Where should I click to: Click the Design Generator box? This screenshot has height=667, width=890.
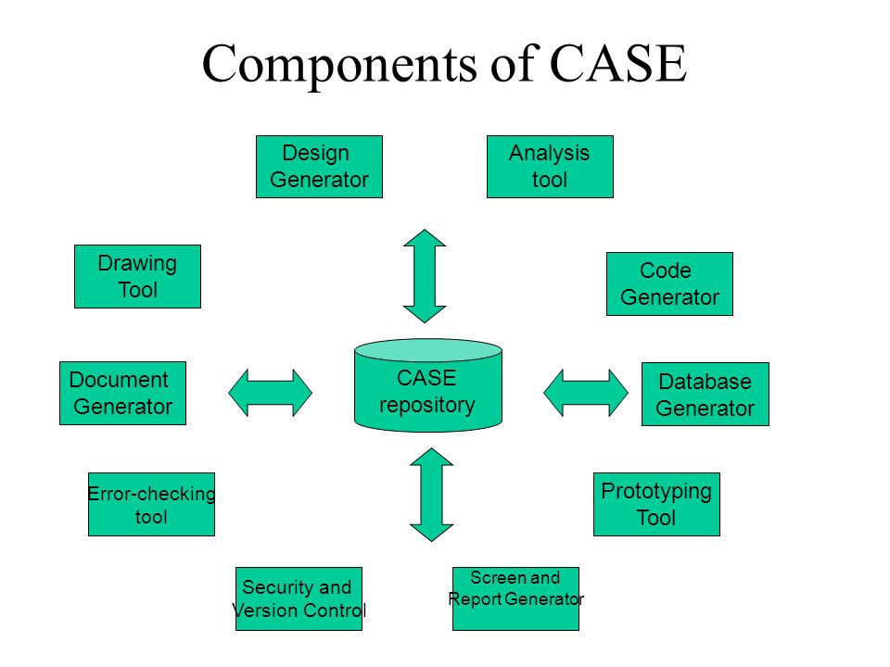[x=319, y=167]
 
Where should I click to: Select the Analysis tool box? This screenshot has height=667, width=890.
[x=550, y=167]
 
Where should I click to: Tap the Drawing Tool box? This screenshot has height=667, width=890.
[x=137, y=277]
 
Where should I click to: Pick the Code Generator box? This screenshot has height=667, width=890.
[x=669, y=283]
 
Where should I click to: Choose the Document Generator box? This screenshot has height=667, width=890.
[x=122, y=393]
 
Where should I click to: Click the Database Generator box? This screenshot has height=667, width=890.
[x=706, y=395]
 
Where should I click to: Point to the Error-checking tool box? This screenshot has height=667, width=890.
[x=151, y=504]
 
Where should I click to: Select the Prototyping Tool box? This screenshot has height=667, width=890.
[x=656, y=504]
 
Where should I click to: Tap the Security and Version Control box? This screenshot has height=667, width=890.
[x=299, y=598]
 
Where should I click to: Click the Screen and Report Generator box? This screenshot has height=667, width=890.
[x=516, y=598]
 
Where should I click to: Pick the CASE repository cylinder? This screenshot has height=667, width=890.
[x=428, y=385]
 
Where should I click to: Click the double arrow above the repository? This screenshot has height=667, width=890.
[x=425, y=276]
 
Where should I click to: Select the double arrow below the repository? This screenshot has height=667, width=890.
[x=431, y=495]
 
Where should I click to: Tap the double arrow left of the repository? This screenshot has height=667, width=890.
[x=270, y=393]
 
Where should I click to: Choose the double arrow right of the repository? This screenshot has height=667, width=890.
[x=586, y=393]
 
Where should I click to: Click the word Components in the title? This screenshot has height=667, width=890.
[x=339, y=65]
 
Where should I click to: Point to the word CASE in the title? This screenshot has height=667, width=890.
[x=618, y=63]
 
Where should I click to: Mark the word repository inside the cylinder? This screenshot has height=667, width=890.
[x=427, y=406]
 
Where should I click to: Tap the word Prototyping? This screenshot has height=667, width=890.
[x=656, y=492]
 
